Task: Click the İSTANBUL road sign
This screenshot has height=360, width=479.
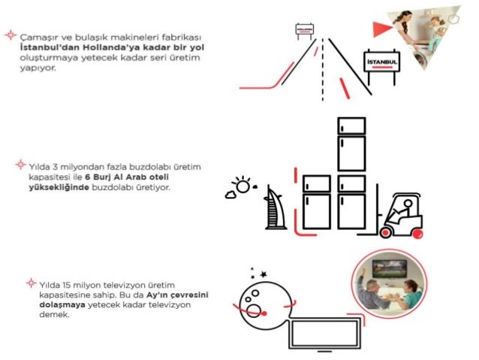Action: [x=381, y=59]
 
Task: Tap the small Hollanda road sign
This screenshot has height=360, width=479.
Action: [x=305, y=30]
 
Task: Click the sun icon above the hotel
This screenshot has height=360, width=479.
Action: [x=242, y=184]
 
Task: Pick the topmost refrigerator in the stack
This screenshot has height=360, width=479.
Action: [x=351, y=126]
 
